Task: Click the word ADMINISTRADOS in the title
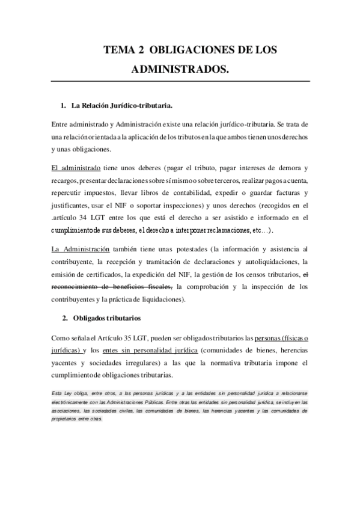coord(180,70)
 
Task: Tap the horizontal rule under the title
coord(180,81)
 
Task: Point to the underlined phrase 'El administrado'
coord(76,167)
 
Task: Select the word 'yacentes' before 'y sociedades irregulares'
coord(66,363)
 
